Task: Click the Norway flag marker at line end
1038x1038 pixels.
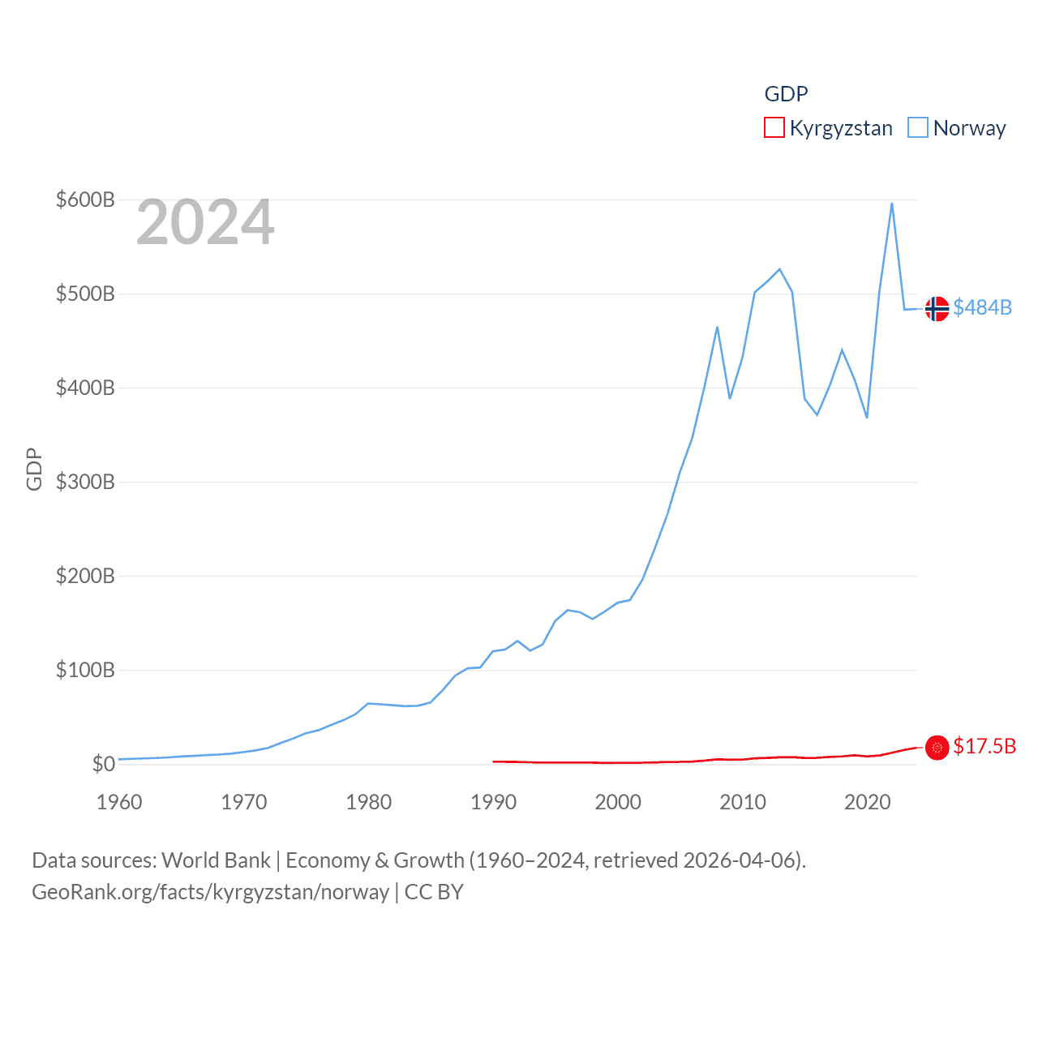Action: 937,308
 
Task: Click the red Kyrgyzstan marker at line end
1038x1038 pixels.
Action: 937,747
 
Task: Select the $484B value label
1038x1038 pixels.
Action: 983,307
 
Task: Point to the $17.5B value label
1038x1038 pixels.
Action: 984,746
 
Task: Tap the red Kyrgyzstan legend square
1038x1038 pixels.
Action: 774,128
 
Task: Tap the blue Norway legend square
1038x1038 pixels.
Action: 918,128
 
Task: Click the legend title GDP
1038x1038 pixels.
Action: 786,94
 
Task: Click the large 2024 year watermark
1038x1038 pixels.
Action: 205,222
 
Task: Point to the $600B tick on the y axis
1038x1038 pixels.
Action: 85,199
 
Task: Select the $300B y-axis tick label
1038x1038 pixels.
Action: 85,482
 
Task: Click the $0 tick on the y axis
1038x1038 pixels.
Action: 103,764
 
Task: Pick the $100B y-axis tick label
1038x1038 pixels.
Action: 85,670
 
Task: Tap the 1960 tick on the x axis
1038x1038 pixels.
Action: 119,802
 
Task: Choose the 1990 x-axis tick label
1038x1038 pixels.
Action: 493,802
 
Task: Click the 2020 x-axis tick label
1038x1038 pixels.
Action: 868,802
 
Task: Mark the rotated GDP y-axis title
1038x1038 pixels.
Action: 34,469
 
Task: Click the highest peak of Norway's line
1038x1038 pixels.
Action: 892,204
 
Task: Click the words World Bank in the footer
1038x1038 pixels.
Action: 216,860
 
